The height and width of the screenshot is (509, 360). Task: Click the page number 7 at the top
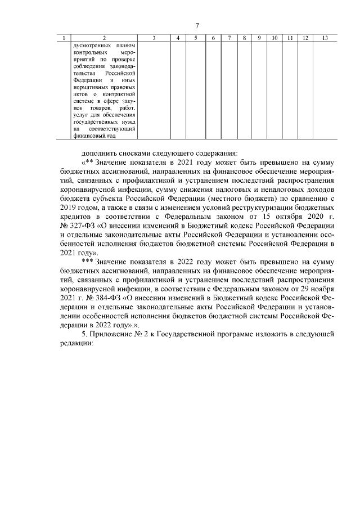(x=197, y=26)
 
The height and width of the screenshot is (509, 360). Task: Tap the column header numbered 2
(x=103, y=38)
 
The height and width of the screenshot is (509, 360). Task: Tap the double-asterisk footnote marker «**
(x=88, y=163)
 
